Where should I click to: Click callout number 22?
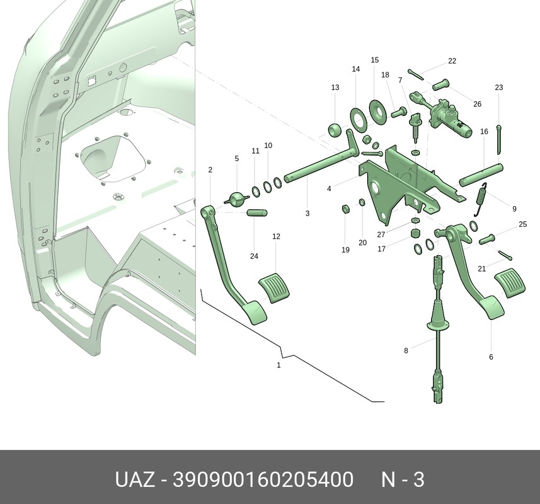[452, 61]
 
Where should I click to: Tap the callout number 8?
[406, 351]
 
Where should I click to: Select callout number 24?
[254, 256]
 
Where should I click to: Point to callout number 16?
[484, 132]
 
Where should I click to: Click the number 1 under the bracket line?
[279, 365]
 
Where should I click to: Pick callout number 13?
[335, 88]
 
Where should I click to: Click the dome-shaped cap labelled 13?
[334, 130]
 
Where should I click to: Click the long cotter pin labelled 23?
[499, 139]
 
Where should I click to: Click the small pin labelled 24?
[257, 213]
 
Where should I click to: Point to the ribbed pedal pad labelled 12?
[274, 288]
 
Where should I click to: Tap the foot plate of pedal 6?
[492, 308]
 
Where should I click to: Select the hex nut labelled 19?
[346, 209]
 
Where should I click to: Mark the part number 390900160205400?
[263, 479]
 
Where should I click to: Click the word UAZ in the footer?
[135, 479]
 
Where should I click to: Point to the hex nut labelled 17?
[416, 233]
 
